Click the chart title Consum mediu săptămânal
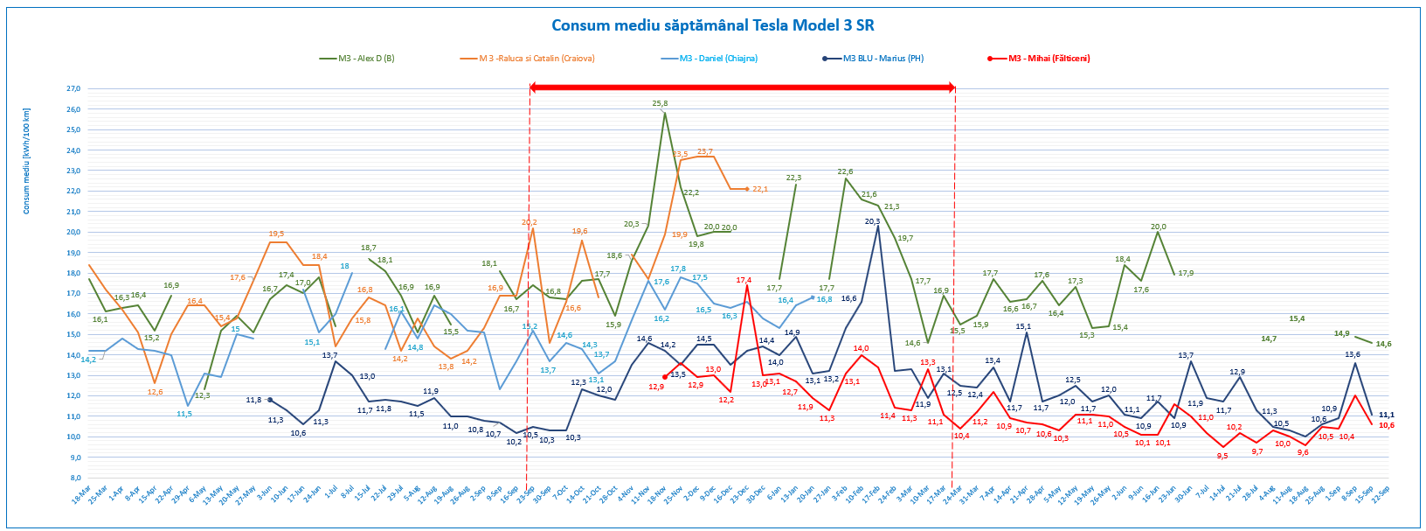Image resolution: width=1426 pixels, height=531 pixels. [713, 25]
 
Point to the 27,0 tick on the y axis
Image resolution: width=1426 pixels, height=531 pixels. [73, 88]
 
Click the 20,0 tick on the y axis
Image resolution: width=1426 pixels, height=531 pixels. [73, 232]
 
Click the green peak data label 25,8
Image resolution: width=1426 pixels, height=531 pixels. [660, 103]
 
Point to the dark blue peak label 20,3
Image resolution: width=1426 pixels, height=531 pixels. [872, 221]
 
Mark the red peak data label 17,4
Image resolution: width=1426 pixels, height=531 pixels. [744, 280]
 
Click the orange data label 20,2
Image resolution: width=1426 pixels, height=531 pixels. [529, 222]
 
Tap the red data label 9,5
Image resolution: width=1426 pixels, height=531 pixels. [1222, 456]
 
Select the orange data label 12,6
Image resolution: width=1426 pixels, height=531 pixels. [155, 392]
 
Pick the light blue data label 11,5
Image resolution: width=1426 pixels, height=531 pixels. [184, 414]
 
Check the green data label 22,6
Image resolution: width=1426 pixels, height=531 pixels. [846, 171]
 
